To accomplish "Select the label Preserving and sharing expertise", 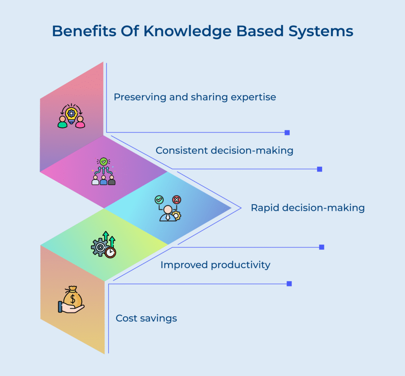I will (195, 97).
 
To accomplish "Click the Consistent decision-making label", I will (224, 151).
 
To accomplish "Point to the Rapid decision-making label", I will (307, 208).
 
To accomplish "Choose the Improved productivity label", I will (215, 265).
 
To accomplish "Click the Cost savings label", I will (146, 318).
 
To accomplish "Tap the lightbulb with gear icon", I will (71, 114).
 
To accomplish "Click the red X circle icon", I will (177, 200).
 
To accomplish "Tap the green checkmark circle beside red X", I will (159, 200).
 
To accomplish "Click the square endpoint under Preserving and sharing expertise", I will (287, 133).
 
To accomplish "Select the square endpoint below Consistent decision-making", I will (320, 169).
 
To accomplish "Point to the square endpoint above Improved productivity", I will (322, 247).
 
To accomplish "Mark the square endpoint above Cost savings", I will (289, 284).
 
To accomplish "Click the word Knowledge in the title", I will (182, 31).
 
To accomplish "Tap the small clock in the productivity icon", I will (111, 253).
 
